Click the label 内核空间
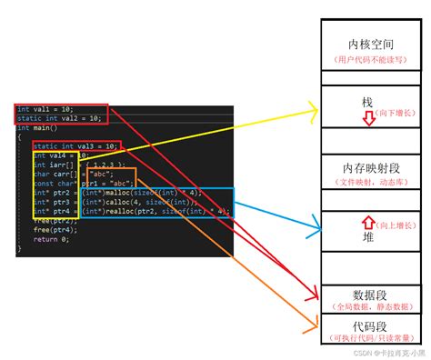coord(372,44)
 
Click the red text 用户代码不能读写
coord(372,61)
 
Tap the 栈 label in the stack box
coord(367,103)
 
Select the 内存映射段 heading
coord(372,168)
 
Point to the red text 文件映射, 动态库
coord(372,184)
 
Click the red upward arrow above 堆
coord(367,221)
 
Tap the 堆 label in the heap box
coord(367,236)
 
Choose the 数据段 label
coord(370,295)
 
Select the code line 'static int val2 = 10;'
coord(59,118)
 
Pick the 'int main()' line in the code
coord(37,128)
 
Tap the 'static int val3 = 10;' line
coord(75,145)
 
